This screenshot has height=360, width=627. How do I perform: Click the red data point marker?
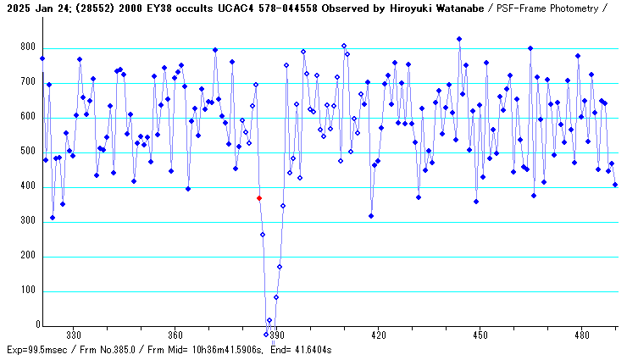(259, 198)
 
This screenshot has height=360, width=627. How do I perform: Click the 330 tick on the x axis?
(74, 335)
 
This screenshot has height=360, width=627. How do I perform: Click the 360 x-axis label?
(175, 335)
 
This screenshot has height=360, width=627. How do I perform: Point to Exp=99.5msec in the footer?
(35, 349)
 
